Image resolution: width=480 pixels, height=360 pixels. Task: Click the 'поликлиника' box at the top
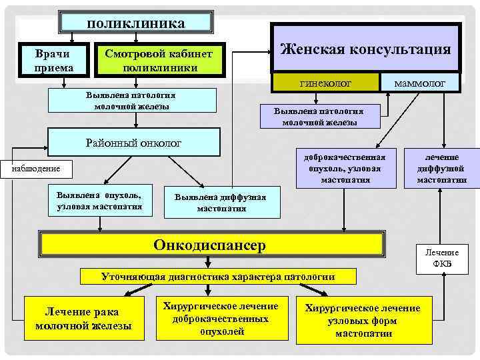pos(136,23)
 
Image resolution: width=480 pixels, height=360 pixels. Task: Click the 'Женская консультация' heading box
pos(365,49)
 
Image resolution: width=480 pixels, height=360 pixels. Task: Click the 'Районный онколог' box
pos(134,143)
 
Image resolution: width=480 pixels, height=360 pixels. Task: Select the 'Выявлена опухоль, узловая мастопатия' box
pos(99,201)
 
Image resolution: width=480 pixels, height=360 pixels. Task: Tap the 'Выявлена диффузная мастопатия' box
pos(221,203)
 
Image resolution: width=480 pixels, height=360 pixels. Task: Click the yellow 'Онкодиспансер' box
pos(209,245)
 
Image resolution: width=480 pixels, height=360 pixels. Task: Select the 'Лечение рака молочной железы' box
pos(83,317)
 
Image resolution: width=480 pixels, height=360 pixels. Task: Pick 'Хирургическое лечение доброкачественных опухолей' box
pos(221,318)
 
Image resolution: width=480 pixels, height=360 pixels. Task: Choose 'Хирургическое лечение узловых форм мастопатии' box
pos(363,320)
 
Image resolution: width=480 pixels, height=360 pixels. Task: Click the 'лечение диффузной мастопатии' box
pos(442,168)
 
